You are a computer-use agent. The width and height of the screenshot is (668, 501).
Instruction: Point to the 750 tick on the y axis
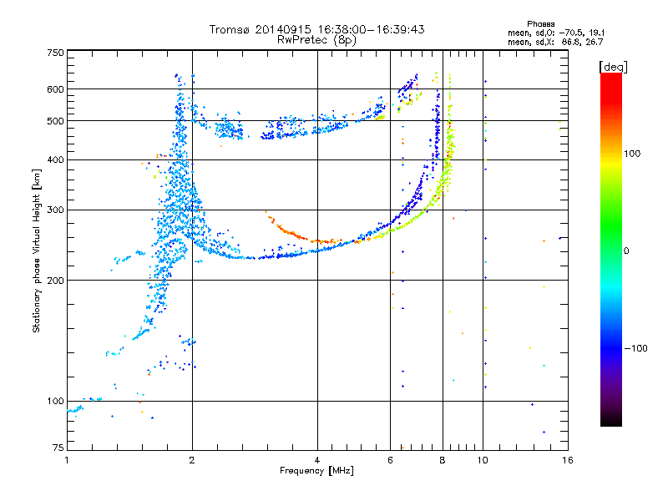pos(55,53)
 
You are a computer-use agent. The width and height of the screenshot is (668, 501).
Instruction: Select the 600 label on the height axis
pos(55,89)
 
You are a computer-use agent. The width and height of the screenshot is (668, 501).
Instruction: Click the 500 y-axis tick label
pos(55,121)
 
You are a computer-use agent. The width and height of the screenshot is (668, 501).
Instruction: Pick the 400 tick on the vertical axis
pos(55,160)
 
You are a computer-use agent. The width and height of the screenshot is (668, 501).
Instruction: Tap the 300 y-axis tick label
pos(55,210)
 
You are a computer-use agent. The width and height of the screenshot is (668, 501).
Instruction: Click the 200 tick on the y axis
pos(55,281)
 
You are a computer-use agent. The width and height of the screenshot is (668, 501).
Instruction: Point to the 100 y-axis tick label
pos(55,402)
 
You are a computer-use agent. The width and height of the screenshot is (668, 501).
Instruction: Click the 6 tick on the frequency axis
pos(390,460)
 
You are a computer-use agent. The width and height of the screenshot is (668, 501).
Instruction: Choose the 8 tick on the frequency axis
pos(443,460)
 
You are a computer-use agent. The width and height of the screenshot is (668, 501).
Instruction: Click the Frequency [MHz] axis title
pos(316,471)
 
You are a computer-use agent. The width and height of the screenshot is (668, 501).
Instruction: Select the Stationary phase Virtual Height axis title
pos(37,250)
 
